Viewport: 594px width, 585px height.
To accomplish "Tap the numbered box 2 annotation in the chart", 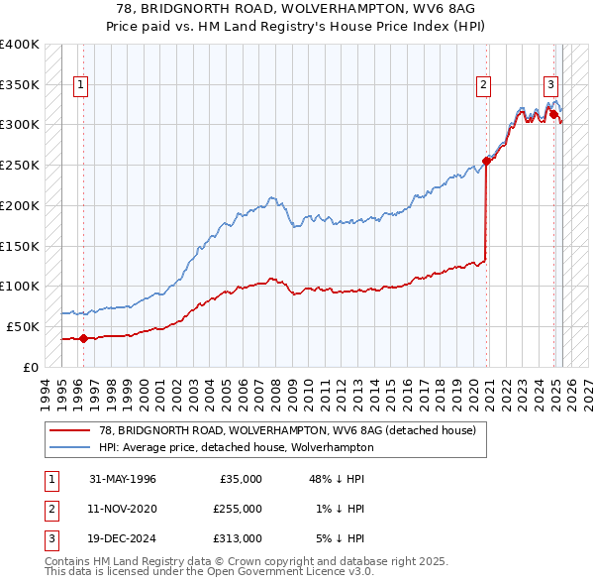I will [484, 85].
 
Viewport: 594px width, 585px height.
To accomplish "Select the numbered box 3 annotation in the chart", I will [550, 85].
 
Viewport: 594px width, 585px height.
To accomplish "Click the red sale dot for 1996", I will [83, 338].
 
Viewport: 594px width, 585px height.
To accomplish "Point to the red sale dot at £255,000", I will [486, 161].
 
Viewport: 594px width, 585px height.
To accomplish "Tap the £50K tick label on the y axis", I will [24, 326].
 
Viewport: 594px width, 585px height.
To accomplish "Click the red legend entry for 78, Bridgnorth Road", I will [287, 430].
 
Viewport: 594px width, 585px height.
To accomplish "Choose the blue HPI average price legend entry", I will [236, 447].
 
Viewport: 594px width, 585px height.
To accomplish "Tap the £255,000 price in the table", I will [238, 509].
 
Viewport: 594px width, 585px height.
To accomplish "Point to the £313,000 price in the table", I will [238, 538].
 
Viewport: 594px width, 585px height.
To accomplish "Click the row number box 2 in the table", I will [49, 509].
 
